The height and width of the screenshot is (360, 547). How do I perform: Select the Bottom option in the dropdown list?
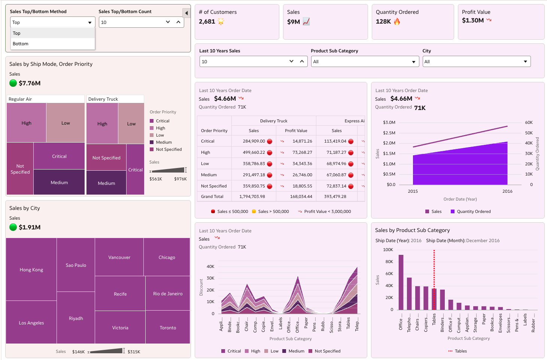pos(21,44)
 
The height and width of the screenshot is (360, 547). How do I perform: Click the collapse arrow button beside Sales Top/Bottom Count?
pos(186,13)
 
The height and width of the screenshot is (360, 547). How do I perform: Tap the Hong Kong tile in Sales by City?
pos(31,269)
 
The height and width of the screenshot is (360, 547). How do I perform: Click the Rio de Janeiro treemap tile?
pos(168,294)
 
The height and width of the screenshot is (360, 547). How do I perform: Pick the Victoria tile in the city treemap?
pos(120,327)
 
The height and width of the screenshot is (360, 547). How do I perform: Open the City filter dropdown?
pos(477,62)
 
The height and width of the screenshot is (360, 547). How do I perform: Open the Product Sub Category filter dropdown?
pos(365,62)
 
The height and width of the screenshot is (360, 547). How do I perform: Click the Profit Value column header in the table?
pos(296,131)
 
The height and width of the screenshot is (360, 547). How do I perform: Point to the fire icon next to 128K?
pos(397,21)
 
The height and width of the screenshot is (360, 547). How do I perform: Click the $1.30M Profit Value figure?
pos(473,21)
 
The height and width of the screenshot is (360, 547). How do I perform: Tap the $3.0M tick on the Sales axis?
pos(389,122)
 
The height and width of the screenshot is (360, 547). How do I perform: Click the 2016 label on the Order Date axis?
pos(507,191)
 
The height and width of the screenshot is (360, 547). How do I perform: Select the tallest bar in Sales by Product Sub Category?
pos(401,282)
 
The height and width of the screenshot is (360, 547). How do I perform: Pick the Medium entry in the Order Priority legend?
pos(164,142)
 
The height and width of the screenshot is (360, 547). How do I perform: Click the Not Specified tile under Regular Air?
pos(20,169)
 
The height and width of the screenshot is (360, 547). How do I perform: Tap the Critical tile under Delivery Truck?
pos(136,170)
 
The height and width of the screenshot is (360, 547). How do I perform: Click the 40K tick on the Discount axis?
pos(210,266)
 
